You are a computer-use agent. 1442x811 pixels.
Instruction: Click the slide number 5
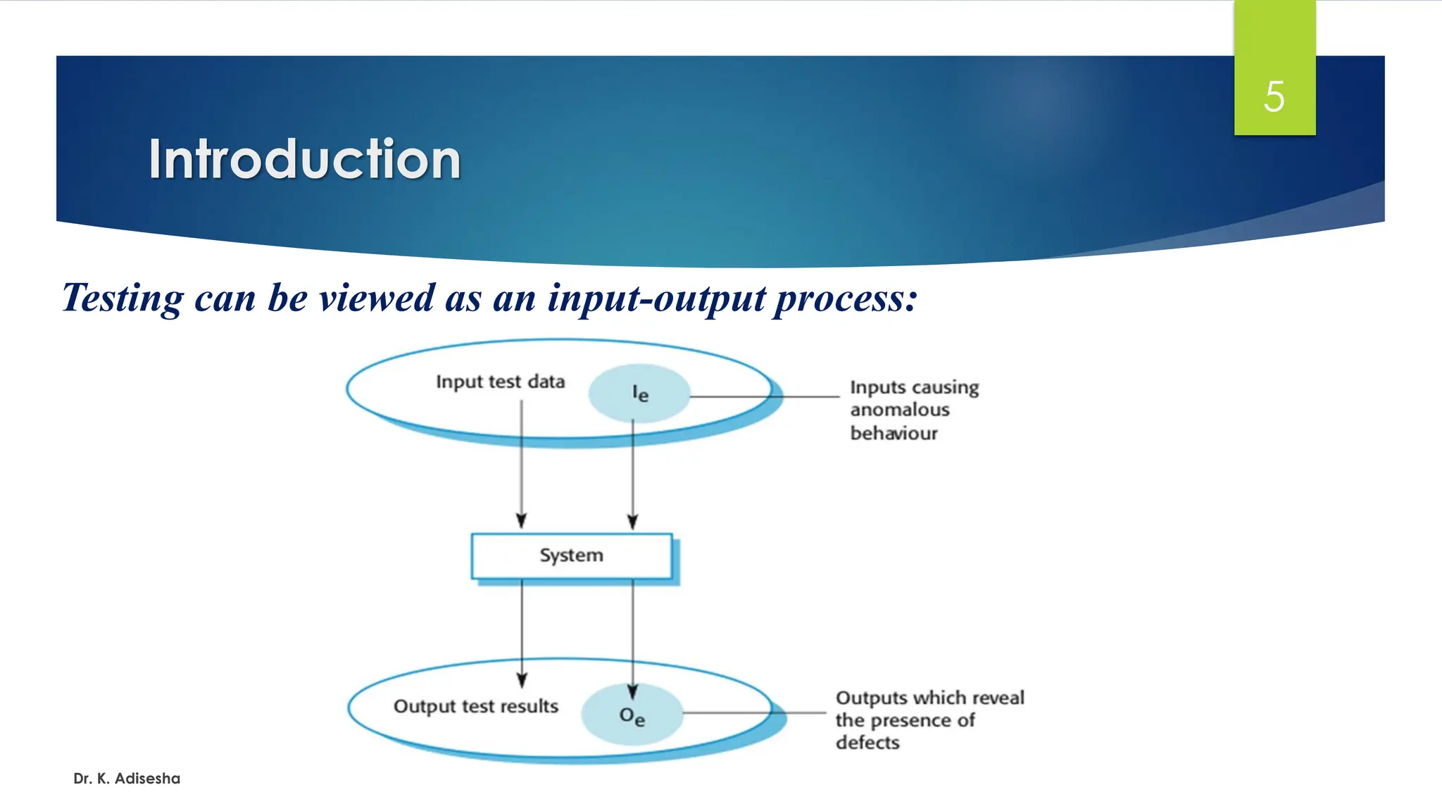[x=1274, y=96]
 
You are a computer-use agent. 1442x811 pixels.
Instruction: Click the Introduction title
[x=304, y=159]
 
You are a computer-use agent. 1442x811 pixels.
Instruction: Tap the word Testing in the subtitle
[x=123, y=298]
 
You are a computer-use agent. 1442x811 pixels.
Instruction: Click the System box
[x=571, y=555]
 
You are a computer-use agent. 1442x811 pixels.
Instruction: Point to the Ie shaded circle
[x=639, y=394]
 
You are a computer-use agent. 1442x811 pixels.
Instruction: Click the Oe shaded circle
[x=632, y=715]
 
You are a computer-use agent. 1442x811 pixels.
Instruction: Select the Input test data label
[x=500, y=382]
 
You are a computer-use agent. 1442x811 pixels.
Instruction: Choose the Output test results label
[x=475, y=706]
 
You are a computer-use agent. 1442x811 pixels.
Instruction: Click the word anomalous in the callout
[x=899, y=410]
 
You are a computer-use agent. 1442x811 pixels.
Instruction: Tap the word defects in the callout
[x=867, y=743]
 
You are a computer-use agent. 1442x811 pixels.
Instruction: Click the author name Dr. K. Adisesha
[x=127, y=779]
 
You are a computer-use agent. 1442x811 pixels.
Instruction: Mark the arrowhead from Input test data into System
[x=521, y=521]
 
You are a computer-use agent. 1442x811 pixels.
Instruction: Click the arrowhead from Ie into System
[x=632, y=522]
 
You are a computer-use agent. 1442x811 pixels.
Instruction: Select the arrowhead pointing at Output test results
[x=522, y=679]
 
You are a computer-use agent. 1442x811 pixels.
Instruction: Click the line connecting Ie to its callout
[x=767, y=397]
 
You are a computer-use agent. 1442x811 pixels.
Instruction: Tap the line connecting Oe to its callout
[x=757, y=712]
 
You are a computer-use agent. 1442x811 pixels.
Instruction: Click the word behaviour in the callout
[x=894, y=433]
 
